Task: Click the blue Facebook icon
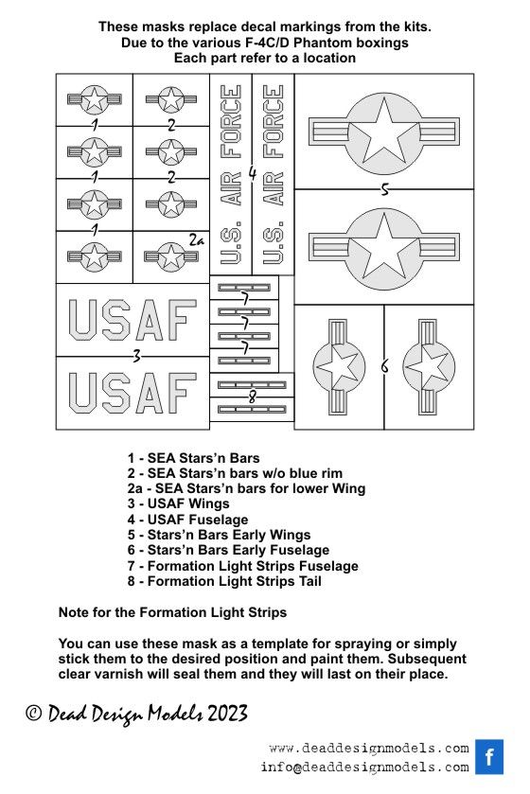[489, 756]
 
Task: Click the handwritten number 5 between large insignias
[384, 189]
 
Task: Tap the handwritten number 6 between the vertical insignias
[384, 365]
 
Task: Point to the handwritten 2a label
[197, 240]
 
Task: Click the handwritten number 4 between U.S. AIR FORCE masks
[253, 174]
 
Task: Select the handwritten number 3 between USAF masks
[136, 357]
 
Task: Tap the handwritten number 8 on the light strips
[252, 397]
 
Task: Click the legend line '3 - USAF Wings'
[178, 503]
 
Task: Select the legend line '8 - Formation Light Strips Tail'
[224, 581]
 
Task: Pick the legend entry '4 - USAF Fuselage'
[187, 519]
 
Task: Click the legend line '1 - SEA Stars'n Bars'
[193, 458]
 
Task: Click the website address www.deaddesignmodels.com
[369, 748]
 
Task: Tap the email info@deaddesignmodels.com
[365, 767]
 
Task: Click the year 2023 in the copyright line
[227, 713]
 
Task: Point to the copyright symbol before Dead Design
[33, 713]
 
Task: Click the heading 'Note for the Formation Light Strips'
[172, 612]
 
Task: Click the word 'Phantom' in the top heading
[322, 42]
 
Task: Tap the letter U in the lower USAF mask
[83, 393]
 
